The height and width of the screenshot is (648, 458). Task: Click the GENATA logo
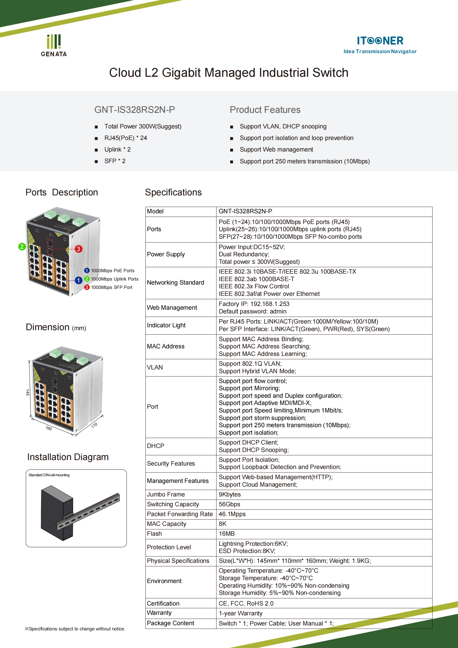pyautogui.click(x=54, y=46)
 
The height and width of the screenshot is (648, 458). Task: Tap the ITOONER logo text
pyautogui.click(x=380, y=41)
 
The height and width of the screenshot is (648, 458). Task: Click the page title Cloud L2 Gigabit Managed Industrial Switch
pyautogui.click(x=229, y=73)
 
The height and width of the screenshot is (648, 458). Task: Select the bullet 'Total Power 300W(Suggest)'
pyautogui.click(x=143, y=126)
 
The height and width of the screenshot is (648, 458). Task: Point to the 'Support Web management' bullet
pyautogui.click(x=276, y=150)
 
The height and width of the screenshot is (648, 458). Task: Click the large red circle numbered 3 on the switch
pyautogui.click(x=78, y=249)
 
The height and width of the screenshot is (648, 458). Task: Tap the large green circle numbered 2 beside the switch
pyautogui.click(x=22, y=246)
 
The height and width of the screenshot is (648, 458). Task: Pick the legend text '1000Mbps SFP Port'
pyautogui.click(x=111, y=287)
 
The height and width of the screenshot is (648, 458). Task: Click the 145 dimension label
pyautogui.click(x=27, y=392)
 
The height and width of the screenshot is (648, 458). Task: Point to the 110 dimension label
pyautogui.click(x=94, y=425)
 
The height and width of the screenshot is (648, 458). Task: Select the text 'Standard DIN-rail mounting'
pyautogui.click(x=49, y=475)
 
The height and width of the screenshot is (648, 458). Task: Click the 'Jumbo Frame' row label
pyautogui.click(x=166, y=494)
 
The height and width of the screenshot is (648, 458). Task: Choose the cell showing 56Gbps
pyautogui.click(x=229, y=504)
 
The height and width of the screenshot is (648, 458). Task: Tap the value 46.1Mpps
pyautogui.click(x=232, y=514)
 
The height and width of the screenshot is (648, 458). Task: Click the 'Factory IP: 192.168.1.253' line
pyautogui.click(x=254, y=304)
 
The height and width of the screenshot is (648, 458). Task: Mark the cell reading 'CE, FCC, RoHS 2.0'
pyautogui.click(x=246, y=604)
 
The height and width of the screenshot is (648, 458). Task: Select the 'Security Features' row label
pyautogui.click(x=171, y=464)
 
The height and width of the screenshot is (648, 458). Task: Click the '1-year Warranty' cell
pyautogui.click(x=240, y=613)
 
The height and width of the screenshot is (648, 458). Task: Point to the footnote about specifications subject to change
pyautogui.click(x=75, y=629)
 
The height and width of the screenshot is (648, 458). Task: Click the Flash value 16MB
pyautogui.click(x=227, y=534)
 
